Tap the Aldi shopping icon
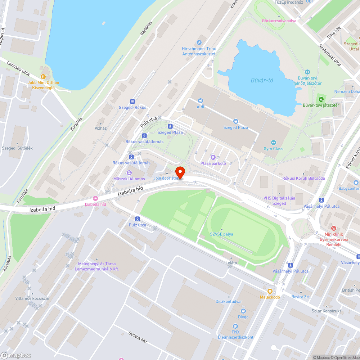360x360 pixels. pos(201,101)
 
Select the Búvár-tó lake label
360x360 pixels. pos(262,80)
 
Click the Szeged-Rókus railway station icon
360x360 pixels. pos(132,102)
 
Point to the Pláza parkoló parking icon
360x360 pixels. pos(213,157)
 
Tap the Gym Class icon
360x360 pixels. pos(273,143)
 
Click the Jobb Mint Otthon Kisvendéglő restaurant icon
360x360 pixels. pos(43,76)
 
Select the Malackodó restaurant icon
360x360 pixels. pos(270,291)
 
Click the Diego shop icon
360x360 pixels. pos(243,311)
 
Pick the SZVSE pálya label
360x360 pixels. pos(222,234)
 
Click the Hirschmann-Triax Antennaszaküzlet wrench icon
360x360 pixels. pos(199,42)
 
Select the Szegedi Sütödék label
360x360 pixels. pos(17,148)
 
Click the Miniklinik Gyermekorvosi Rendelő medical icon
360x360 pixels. pos(333,228)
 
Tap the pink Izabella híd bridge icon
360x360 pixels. pos(95,198)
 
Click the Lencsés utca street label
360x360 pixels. pos(18,68)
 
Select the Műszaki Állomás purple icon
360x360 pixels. pos(129,173)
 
